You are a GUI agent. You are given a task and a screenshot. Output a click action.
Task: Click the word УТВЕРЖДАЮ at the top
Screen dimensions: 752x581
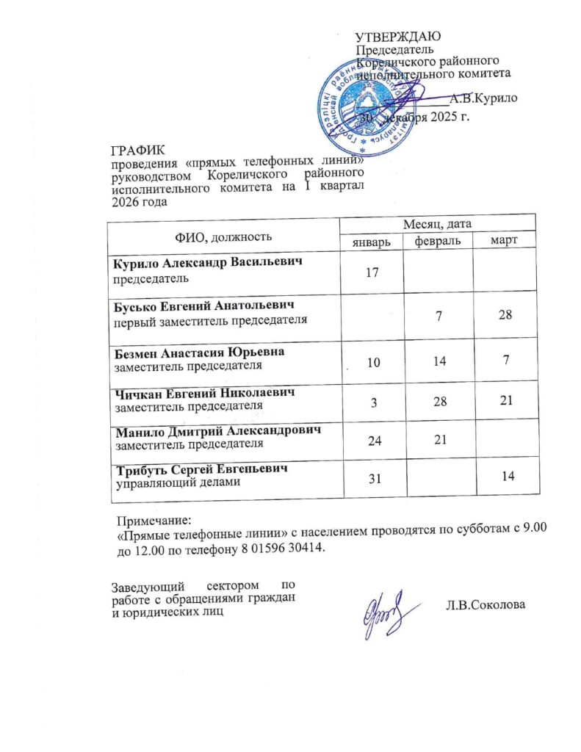tap(397, 37)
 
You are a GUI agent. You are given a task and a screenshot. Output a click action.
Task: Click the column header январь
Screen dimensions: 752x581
tap(371, 242)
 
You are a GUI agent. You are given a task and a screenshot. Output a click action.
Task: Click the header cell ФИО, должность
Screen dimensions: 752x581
tap(224, 236)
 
